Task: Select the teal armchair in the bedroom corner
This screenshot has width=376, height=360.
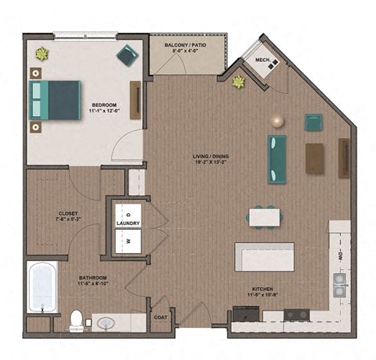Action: (127, 54)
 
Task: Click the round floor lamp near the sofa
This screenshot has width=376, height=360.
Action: (276, 120)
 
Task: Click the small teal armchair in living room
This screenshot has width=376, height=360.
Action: (313, 122)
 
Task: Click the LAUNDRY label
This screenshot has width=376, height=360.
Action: (128, 223)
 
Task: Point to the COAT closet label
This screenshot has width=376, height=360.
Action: (161, 318)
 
